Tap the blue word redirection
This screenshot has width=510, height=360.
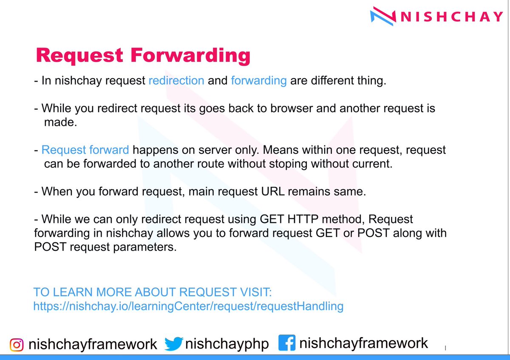click(x=176, y=81)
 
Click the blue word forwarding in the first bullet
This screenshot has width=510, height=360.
click(x=258, y=81)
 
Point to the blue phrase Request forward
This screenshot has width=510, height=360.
click(x=85, y=150)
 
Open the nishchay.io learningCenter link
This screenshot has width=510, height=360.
click(x=188, y=306)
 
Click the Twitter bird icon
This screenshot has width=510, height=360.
click(x=173, y=344)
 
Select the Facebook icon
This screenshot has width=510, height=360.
click(x=287, y=343)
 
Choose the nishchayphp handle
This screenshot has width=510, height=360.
click(x=227, y=344)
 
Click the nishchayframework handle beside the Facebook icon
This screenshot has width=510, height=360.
click(x=364, y=343)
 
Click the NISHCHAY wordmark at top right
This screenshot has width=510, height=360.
click(x=452, y=17)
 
